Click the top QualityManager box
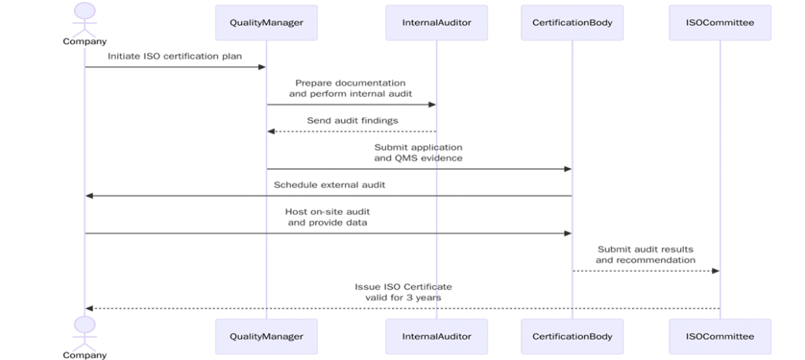click(266, 23)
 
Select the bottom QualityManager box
click(266, 336)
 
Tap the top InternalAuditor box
click(436, 23)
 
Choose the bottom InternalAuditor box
click(436, 336)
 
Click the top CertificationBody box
click(572, 23)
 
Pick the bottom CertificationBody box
click(572, 336)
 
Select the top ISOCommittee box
click(719, 23)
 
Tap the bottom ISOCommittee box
click(719, 336)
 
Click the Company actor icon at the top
click(85, 17)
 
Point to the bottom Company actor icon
click(85, 330)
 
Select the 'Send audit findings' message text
click(351, 120)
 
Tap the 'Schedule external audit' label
click(329, 185)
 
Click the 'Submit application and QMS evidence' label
click(418, 152)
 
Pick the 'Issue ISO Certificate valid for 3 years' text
click(402, 292)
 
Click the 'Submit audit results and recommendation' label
click(645, 254)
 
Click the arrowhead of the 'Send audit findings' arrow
click(271, 131)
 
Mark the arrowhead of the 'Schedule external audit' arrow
click(90, 195)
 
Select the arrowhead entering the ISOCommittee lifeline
click(715, 270)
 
